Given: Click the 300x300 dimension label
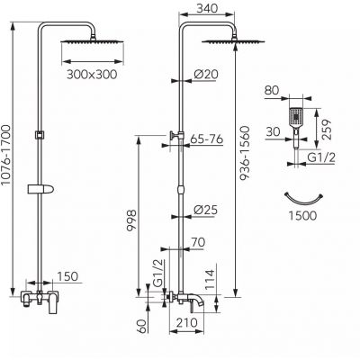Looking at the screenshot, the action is (92, 75).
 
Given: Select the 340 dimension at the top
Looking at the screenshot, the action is (207, 8).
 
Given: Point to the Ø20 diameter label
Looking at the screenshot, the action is (206, 74).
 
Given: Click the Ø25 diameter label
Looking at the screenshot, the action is (205, 210).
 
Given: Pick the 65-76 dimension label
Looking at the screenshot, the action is (207, 139).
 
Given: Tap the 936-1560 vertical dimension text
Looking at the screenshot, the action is (245, 153).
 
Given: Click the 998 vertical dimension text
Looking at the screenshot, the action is (131, 220).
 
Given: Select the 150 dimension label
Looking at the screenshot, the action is (67, 276).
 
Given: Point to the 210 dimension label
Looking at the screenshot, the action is (187, 323).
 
